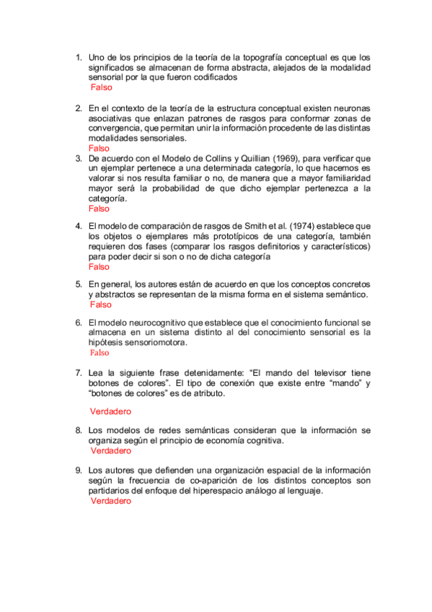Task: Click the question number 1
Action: [x=79, y=56]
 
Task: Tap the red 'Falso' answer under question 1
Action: [x=102, y=87]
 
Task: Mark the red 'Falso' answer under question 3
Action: [x=99, y=209]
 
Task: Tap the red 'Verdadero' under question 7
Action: [x=110, y=411]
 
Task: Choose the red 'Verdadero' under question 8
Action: [x=111, y=450]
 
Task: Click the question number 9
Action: [x=79, y=470]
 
